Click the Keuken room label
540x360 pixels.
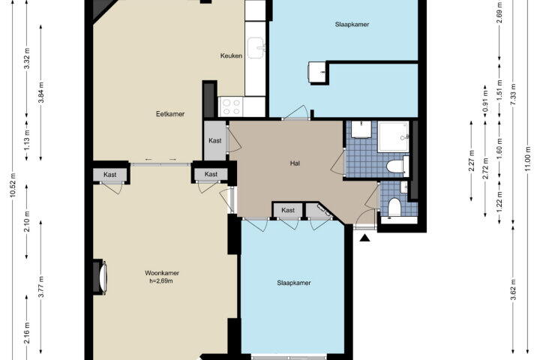click(x=231, y=55)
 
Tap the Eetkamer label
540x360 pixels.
click(x=170, y=114)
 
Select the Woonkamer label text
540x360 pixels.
click(x=162, y=273)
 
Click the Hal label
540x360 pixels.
click(x=295, y=163)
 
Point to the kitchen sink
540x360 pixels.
click(x=256, y=47)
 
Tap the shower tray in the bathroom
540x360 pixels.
click(x=393, y=136)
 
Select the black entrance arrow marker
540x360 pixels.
click(x=364, y=238)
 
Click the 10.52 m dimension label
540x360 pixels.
click(x=13, y=184)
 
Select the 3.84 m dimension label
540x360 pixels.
click(x=41, y=92)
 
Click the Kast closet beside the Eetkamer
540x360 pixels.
click(x=215, y=140)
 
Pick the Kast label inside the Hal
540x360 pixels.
click(x=288, y=210)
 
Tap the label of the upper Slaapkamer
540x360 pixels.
click(x=352, y=25)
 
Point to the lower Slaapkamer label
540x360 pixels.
click(x=294, y=283)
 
